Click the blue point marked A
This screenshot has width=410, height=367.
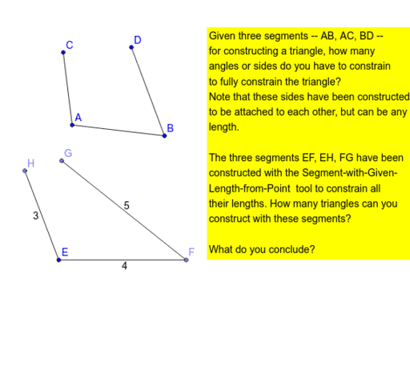[72, 125]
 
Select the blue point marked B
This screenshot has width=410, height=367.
[164, 135]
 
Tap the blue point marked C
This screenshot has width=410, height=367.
[63, 53]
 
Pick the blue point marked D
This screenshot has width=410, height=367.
[131, 48]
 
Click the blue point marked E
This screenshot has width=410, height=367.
[58, 260]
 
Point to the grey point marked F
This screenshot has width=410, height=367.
[186, 260]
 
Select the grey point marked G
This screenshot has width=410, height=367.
[62, 161]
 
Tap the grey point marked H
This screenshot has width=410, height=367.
[25, 171]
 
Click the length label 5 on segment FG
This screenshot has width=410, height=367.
[127, 205]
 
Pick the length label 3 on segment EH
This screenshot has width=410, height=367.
[35, 216]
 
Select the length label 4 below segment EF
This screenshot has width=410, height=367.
[124, 267]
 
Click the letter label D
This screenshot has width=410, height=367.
[138, 39]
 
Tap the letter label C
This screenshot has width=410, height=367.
[70, 45]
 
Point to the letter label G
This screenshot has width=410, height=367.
[68, 152]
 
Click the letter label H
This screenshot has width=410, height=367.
[30, 163]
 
